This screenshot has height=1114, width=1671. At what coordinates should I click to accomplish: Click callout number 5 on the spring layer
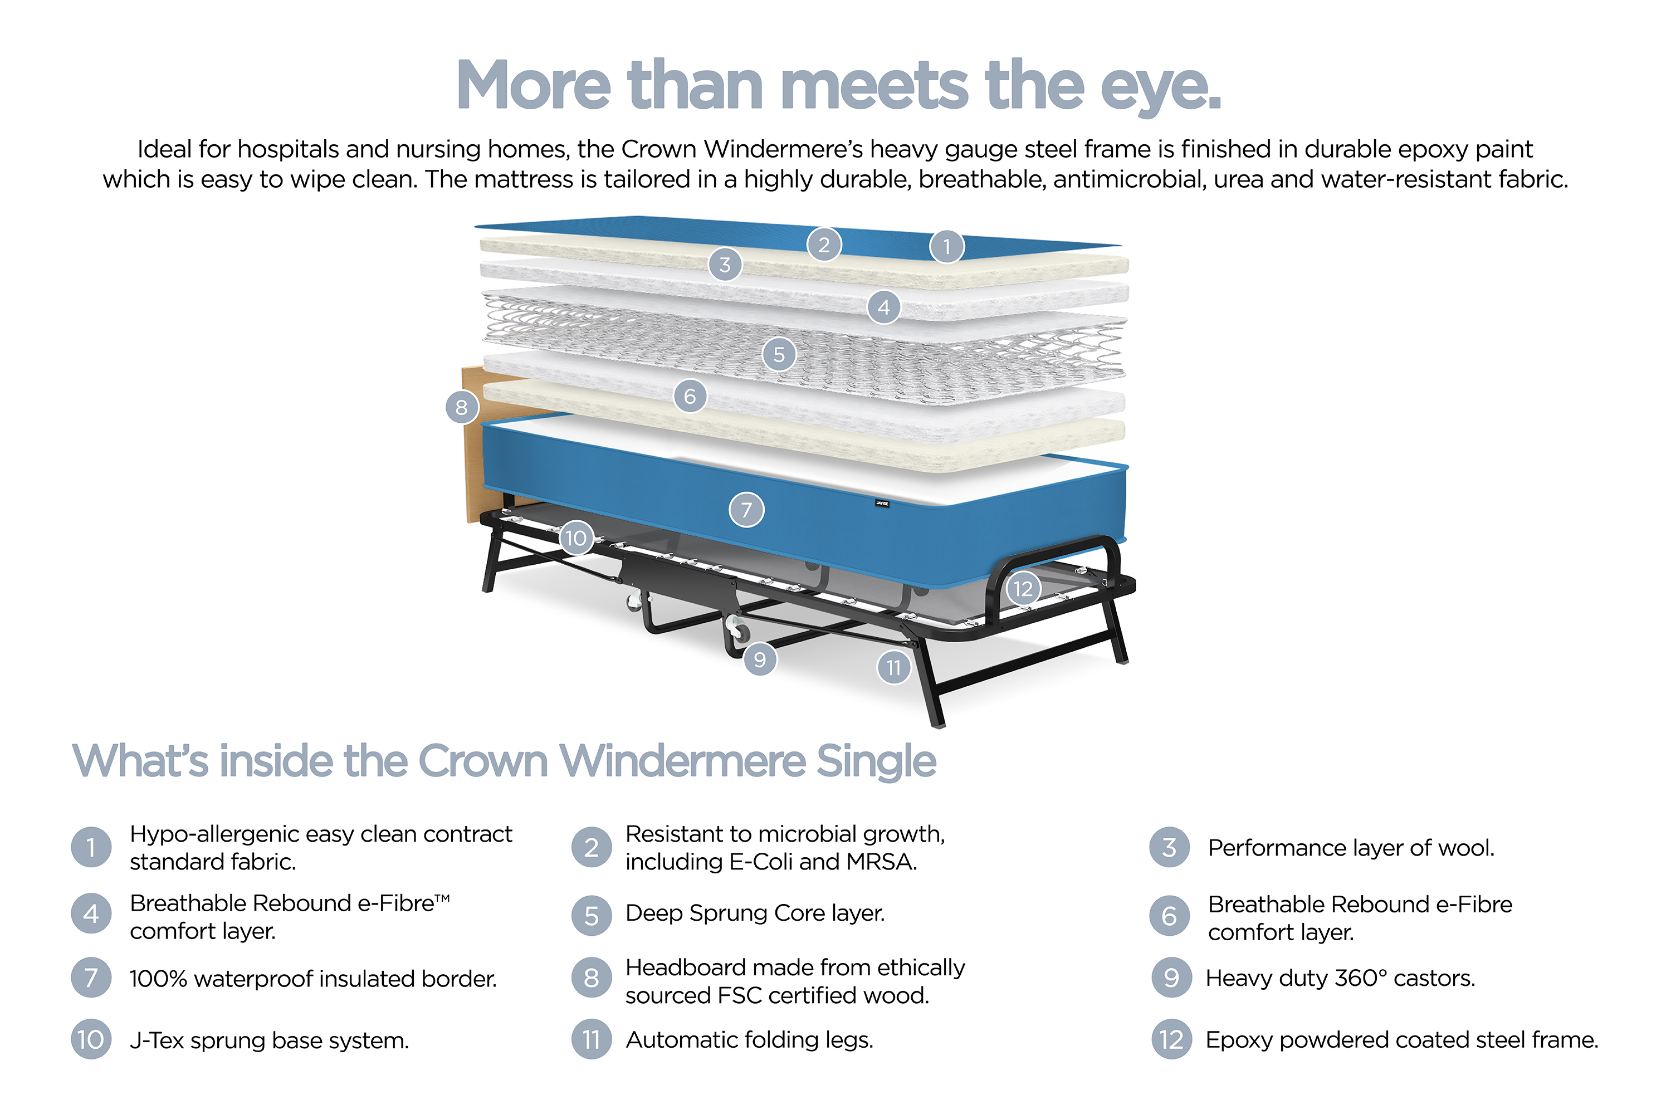[x=779, y=354]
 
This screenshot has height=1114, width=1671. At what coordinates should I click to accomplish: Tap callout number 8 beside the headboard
[x=462, y=407]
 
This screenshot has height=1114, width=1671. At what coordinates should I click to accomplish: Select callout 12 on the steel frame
[x=1023, y=588]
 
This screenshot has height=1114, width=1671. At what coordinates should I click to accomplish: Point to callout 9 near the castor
[x=760, y=659]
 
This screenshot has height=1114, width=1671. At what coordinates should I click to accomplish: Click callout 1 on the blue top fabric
[x=946, y=247]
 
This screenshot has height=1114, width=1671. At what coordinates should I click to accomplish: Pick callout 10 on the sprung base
[x=576, y=538]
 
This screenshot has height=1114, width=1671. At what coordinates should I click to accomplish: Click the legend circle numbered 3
[x=1169, y=847]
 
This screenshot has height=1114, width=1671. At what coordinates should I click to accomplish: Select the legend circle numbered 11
[x=591, y=1039]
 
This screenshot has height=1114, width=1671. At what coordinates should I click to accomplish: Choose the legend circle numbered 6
[x=1169, y=916]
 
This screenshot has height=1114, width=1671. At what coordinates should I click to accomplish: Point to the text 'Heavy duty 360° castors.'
[x=1341, y=978]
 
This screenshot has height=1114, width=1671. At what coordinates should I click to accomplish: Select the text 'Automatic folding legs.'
[x=750, y=1040]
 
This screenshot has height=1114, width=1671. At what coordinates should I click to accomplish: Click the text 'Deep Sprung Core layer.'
[x=755, y=913]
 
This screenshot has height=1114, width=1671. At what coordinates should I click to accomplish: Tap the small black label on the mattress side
[x=882, y=504]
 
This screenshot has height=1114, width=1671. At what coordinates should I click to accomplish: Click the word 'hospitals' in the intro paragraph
[x=288, y=149]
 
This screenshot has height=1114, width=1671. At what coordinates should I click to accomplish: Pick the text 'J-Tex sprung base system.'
[x=269, y=1041]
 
